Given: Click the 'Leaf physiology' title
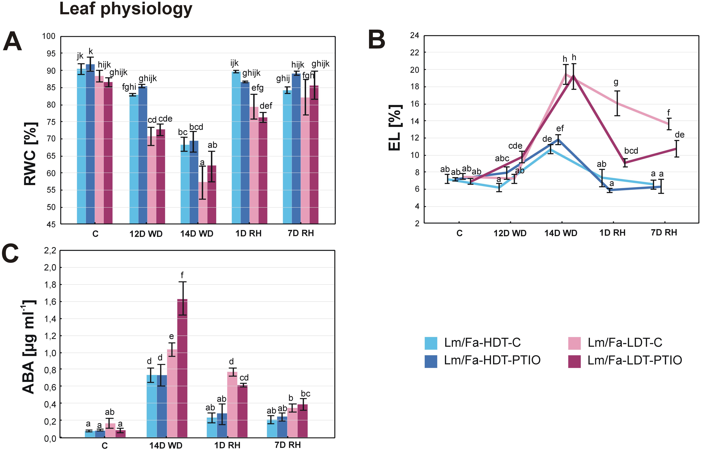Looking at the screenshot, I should tap(126, 9).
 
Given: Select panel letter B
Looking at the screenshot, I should tap(377, 40).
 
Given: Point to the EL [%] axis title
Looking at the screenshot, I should tap(395, 128).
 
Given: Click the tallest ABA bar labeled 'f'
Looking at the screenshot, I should tap(182, 368).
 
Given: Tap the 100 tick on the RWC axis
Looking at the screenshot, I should tap(49, 36).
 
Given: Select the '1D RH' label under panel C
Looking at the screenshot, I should tap(227, 445).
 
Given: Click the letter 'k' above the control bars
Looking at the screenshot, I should tap(91, 52).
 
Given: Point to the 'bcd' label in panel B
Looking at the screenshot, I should tap(631, 151).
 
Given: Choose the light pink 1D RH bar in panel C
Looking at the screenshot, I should tap(232, 405).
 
